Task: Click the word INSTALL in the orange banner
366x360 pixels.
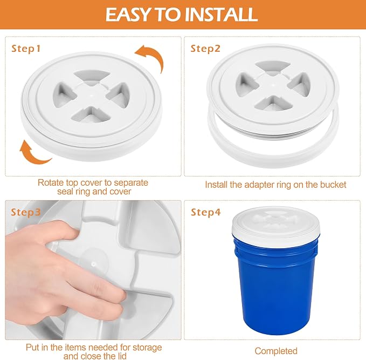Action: click(x=221, y=15)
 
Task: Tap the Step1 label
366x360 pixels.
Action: click(x=26, y=49)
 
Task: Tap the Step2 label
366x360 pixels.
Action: click(x=205, y=49)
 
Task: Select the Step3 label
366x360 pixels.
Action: click(x=26, y=212)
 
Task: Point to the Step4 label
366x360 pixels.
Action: click(x=206, y=212)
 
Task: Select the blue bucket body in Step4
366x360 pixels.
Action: click(x=277, y=285)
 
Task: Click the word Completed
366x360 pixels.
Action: click(x=276, y=351)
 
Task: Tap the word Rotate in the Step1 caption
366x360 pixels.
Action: click(x=51, y=182)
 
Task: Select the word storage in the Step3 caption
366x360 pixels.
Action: click(x=147, y=348)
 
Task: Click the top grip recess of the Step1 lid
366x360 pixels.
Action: click(x=92, y=77)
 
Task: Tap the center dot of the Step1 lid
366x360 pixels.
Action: click(x=92, y=96)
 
